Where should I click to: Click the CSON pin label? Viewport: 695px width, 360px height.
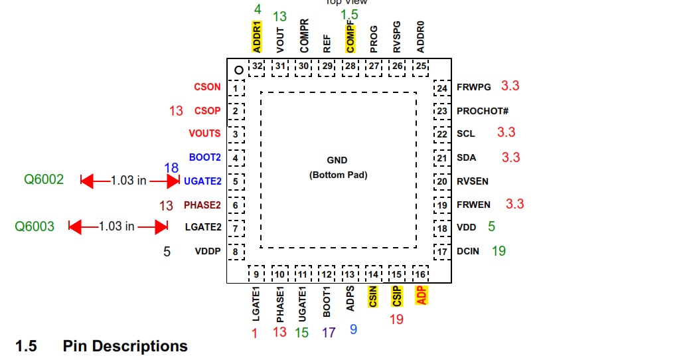click(x=207, y=87)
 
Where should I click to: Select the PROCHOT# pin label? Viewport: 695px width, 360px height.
click(x=483, y=111)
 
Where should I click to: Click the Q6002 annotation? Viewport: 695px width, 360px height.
click(x=44, y=179)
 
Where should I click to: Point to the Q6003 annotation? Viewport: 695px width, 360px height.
click(x=35, y=226)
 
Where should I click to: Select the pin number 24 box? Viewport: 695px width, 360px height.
click(x=442, y=88)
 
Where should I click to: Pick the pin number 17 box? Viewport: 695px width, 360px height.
click(x=442, y=252)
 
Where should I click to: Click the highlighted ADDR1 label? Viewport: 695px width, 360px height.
click(x=258, y=37)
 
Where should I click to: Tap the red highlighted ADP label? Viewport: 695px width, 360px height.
click(x=420, y=296)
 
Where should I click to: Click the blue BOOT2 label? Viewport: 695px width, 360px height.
click(x=204, y=157)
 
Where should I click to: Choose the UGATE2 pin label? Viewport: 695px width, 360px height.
click(x=202, y=181)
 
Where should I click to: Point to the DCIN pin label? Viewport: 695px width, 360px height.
click(x=468, y=252)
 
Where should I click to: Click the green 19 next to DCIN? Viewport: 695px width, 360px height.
click(x=499, y=250)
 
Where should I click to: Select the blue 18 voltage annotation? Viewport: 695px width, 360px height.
click(x=171, y=168)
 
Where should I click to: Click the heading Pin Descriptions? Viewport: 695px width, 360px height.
click(x=125, y=346)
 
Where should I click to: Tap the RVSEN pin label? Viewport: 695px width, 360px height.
click(x=472, y=181)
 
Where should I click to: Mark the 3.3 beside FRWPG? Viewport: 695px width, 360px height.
click(x=510, y=86)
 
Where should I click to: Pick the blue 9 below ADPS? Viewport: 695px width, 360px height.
click(x=353, y=328)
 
